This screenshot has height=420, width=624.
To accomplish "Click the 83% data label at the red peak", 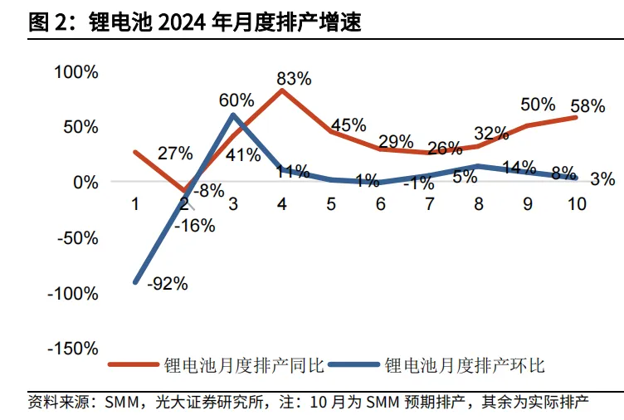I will point(294,80).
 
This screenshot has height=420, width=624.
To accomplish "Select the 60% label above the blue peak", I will point(236,100).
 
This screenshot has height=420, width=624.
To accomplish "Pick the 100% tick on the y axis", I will point(76,72).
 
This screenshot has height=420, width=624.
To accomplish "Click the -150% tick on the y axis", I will point(73,349).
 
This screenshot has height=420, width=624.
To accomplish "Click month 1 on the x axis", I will point(136,204).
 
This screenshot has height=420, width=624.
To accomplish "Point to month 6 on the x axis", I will point(380,204).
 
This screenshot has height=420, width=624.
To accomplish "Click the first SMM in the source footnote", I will point(121,403).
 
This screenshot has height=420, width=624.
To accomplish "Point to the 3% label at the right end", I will point(603,178).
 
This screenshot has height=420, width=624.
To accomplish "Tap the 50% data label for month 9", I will point(538,105).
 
